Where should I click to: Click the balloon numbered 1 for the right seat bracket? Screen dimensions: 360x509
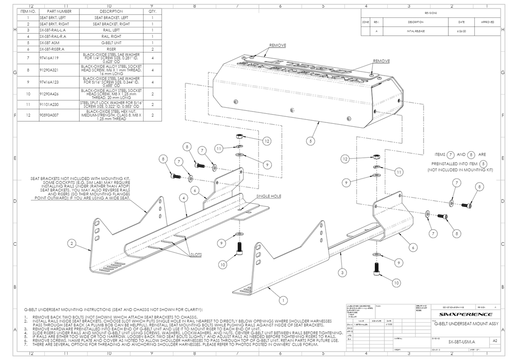283,300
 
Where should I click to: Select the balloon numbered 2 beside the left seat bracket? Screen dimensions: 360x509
73,243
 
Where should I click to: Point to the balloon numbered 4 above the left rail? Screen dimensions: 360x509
183,198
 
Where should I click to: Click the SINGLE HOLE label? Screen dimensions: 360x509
268,196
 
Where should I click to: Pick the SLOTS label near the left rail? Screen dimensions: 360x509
195,254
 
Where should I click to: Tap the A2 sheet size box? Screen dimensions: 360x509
494,342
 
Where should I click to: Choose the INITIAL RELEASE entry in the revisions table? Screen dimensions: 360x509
416,31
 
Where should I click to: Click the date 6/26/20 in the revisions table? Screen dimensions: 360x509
454,31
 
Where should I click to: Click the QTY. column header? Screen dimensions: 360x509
152,10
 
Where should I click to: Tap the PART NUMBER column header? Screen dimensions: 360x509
59,10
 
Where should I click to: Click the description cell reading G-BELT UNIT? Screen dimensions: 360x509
111,43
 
